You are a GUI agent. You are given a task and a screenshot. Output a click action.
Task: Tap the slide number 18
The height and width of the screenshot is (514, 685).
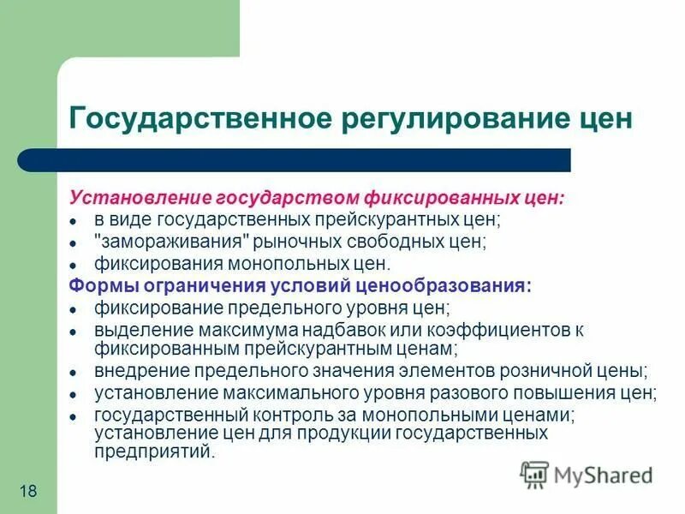[x=27, y=489]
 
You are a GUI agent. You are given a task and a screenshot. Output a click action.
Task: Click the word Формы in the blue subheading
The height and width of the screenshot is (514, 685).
[x=96, y=286]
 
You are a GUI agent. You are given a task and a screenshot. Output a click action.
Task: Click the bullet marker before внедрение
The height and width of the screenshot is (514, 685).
[x=74, y=373]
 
